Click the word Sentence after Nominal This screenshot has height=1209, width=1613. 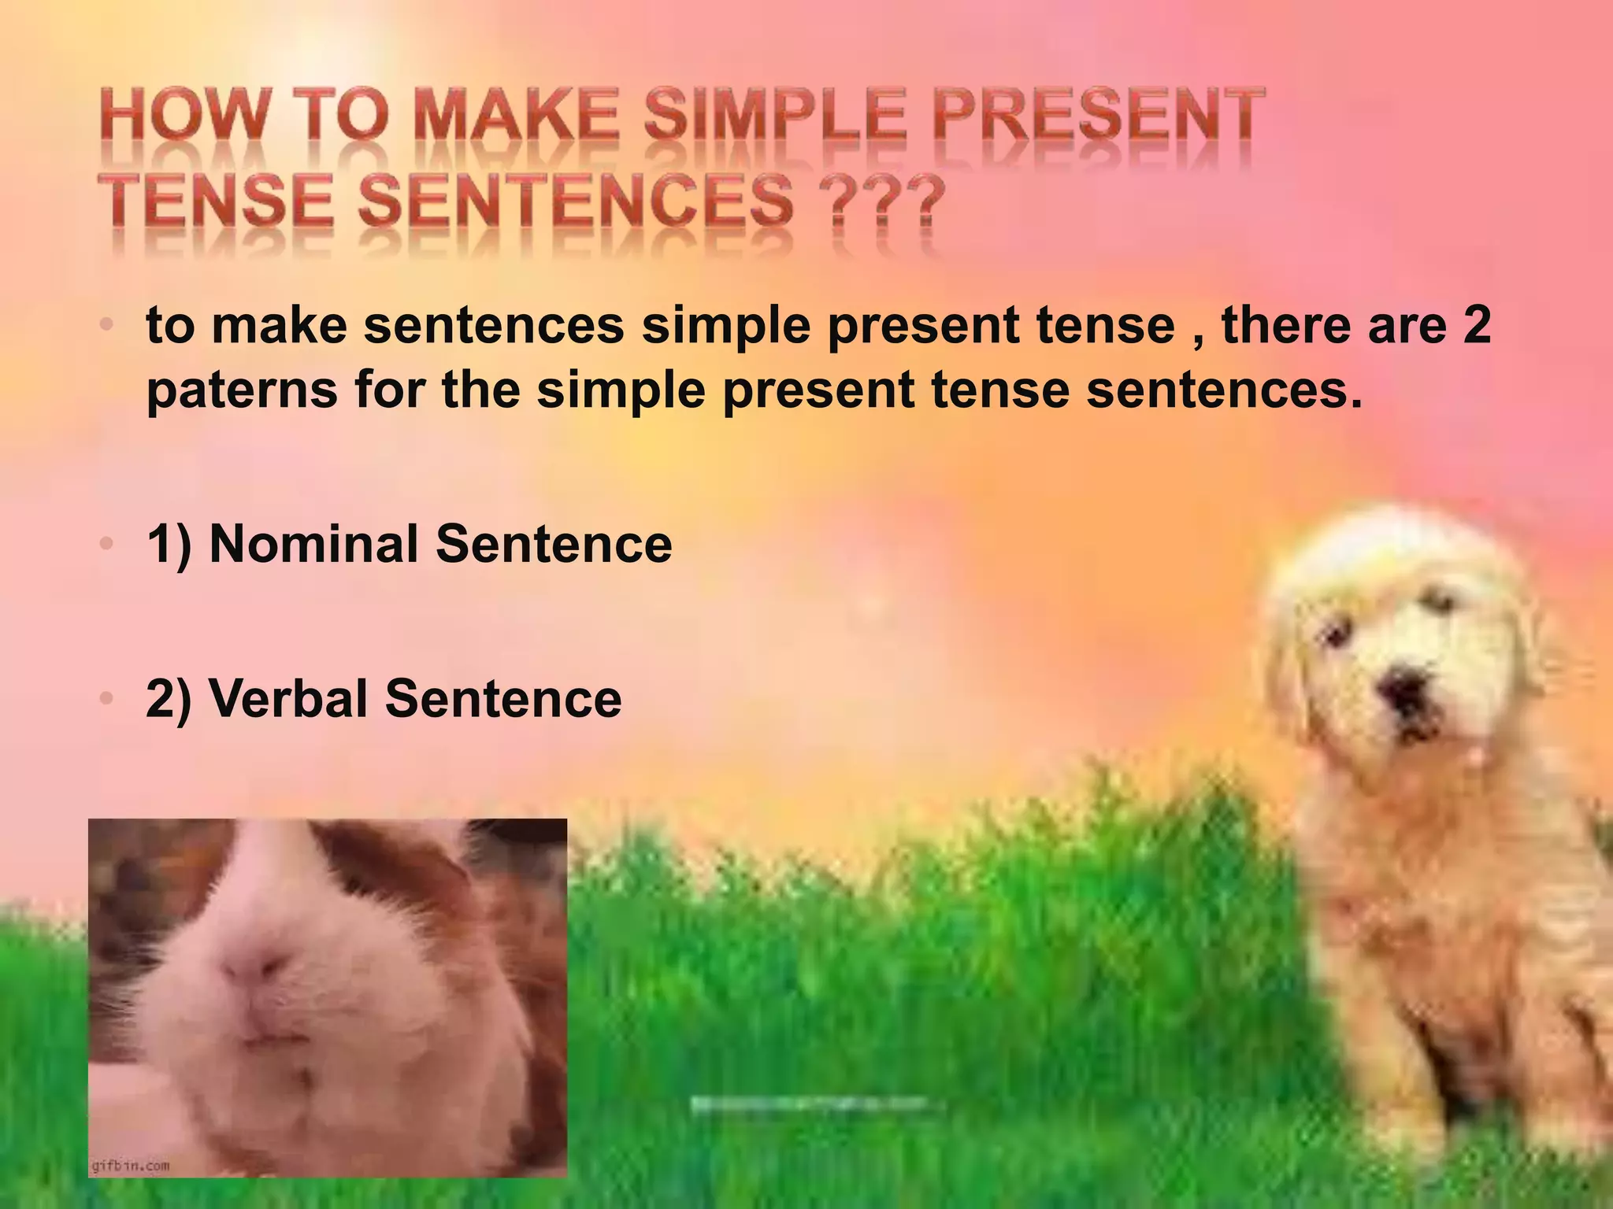point(554,544)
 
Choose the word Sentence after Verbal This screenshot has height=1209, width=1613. point(503,698)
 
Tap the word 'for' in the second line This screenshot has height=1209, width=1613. point(389,391)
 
